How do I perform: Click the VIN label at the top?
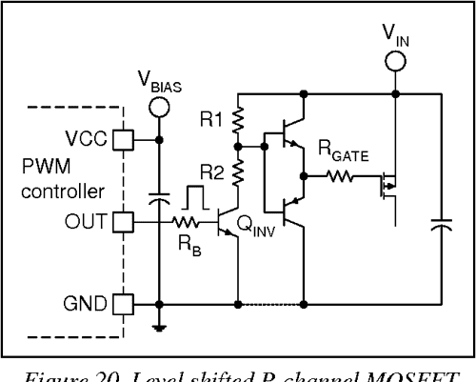393,35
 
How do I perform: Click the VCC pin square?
122,139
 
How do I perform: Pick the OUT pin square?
122,222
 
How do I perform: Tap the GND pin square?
122,304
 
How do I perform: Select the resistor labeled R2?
237,171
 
